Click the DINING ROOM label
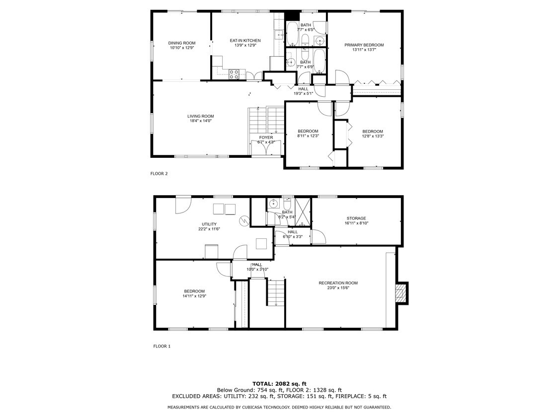coord(182,43)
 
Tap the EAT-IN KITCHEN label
coord(245,41)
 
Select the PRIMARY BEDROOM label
coord(364,45)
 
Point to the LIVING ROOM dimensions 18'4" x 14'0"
coord(201,121)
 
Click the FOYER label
coord(266,138)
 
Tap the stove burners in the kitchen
coord(234,74)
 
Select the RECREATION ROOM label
coord(338,283)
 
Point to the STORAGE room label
coord(356,218)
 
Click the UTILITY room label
coord(209,224)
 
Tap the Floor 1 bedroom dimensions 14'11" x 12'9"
coord(194,296)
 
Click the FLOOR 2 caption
coord(159,174)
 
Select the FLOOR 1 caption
coord(161,347)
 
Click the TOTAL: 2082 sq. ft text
coord(279,384)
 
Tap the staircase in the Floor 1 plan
coord(276,293)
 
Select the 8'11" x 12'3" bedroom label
coord(308,136)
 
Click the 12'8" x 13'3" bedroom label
coord(373,136)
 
